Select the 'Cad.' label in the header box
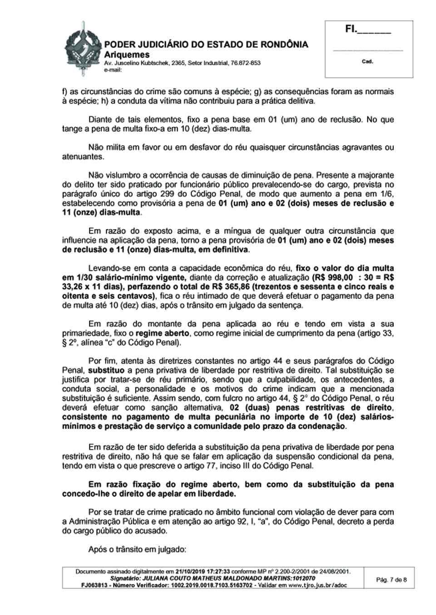(x=367, y=61)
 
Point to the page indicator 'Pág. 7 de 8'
(x=391, y=580)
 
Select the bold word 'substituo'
(x=106, y=370)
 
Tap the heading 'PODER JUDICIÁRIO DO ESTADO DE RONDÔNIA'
(x=206, y=44)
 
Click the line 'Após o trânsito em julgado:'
(x=138, y=549)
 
